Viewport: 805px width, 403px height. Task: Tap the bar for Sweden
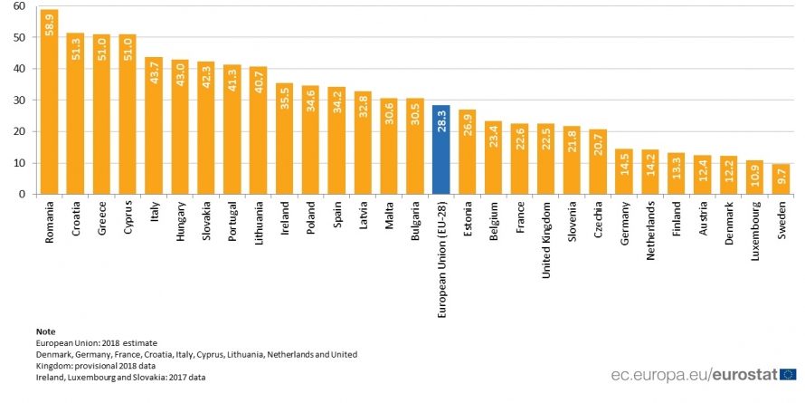point(781,178)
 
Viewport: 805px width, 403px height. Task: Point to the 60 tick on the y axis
point(19,6)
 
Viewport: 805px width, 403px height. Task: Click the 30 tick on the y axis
point(19,100)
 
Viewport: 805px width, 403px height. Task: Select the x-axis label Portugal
point(232,224)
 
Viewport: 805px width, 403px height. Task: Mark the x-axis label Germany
point(625,225)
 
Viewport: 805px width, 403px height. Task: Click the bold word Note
point(44,331)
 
